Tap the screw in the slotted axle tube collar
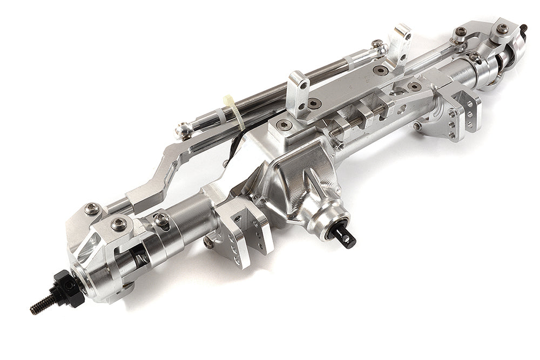click(160, 219)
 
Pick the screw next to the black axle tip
click(503, 29)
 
